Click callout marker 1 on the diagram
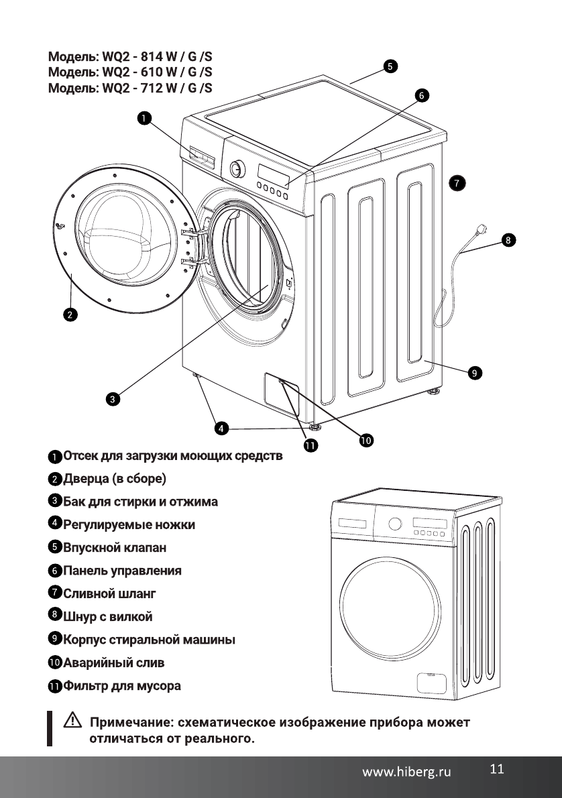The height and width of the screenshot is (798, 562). click(144, 119)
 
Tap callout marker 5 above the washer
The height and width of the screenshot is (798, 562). click(390, 66)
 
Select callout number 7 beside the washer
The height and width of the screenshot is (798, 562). click(457, 182)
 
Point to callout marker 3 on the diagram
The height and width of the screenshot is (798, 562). click(113, 400)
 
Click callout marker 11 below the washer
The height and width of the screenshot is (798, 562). click(311, 445)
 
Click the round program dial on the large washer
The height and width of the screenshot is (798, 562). click(236, 168)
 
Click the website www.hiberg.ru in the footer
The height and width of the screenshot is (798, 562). click(407, 772)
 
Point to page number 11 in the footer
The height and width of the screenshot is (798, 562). click(496, 769)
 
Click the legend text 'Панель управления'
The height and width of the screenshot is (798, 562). click(121, 571)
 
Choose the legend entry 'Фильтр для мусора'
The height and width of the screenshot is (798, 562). click(121, 686)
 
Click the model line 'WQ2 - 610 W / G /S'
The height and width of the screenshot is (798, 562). click(130, 71)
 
